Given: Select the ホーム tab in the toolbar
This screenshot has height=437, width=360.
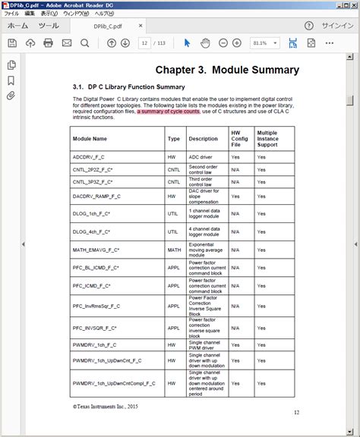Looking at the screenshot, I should (x=18, y=25).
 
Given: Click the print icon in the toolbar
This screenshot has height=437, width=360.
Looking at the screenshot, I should (x=48, y=43).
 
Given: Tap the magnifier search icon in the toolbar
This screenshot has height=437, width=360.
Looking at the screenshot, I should (x=84, y=43).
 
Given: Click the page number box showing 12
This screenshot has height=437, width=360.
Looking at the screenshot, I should (x=144, y=43).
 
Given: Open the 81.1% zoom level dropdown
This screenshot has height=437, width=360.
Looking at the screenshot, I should (x=264, y=43).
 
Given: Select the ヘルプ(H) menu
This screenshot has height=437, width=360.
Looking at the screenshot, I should (x=103, y=14).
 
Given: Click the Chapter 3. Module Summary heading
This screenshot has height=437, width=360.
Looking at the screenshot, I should (x=228, y=71).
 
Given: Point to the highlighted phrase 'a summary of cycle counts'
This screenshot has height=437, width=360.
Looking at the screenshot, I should (x=169, y=112).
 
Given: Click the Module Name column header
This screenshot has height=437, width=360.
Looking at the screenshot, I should (x=90, y=139).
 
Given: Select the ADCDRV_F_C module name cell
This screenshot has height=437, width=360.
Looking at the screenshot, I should (x=89, y=156).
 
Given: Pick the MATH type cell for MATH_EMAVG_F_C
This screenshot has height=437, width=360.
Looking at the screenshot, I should (x=174, y=249).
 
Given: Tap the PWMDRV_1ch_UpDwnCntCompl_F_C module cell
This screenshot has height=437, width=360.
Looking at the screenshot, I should (x=113, y=383).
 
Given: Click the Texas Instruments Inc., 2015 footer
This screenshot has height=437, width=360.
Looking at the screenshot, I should (x=106, y=407).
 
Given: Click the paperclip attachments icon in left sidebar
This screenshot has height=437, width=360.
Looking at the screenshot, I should (x=11, y=96).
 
